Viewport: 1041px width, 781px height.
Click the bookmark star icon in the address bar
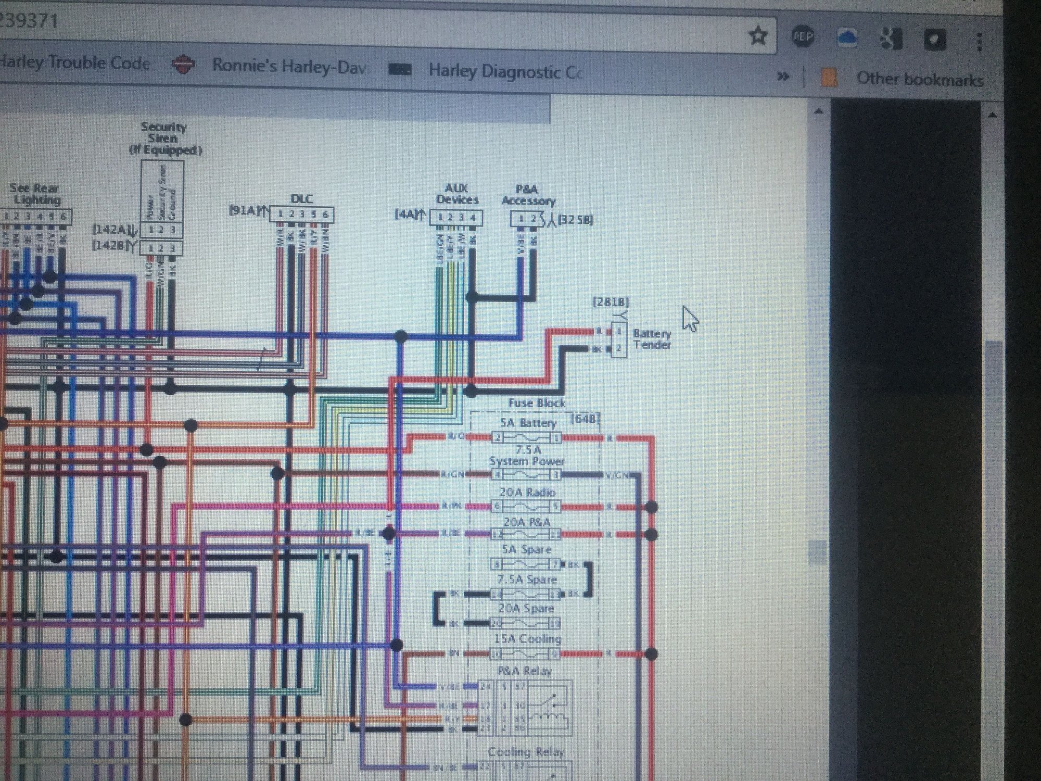coord(758,36)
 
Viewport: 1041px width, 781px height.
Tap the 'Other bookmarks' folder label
coord(919,79)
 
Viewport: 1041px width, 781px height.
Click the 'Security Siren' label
coord(163,132)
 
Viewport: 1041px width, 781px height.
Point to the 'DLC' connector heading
coord(301,199)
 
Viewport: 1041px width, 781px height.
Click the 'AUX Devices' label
coord(456,194)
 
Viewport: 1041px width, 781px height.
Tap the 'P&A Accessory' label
coord(528,195)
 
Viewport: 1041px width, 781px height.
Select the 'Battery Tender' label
coord(652,339)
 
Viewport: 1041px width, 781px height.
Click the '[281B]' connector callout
coord(611,301)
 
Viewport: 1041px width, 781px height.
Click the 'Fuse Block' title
coord(537,403)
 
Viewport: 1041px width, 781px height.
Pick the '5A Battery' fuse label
coord(528,423)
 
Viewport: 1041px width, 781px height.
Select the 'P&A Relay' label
coord(524,671)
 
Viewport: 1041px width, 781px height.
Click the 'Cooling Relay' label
coord(526,752)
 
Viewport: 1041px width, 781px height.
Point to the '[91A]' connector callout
coord(243,210)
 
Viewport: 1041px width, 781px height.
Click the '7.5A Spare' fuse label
coord(527,580)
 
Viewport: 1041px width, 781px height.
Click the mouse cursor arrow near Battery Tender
coord(690,318)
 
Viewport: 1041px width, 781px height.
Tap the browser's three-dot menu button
coord(979,41)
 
